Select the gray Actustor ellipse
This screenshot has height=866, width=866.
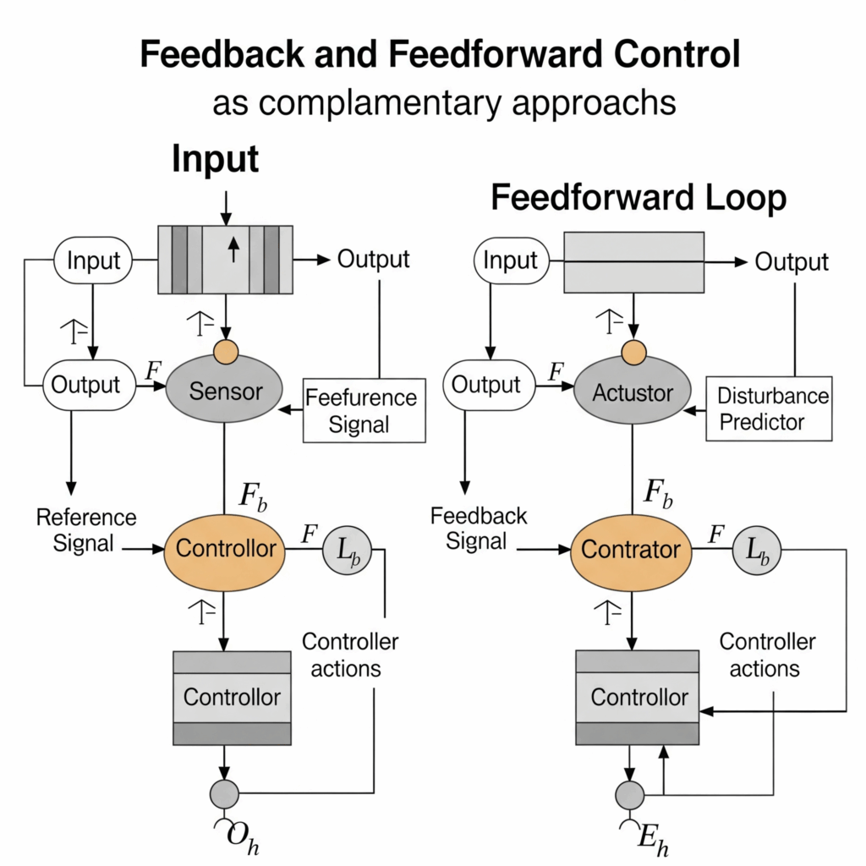coord(633,392)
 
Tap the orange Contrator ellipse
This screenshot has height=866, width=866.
coord(631,550)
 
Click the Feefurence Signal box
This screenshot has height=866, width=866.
coord(364,410)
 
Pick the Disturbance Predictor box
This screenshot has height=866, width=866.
coord(769,409)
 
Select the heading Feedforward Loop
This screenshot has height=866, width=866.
coord(639,198)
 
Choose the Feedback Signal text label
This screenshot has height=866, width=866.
coord(479,529)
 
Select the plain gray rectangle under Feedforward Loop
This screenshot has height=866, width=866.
coord(633,261)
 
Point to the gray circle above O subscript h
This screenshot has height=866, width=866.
coord(224,794)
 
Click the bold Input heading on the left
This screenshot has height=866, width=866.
coord(215,159)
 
